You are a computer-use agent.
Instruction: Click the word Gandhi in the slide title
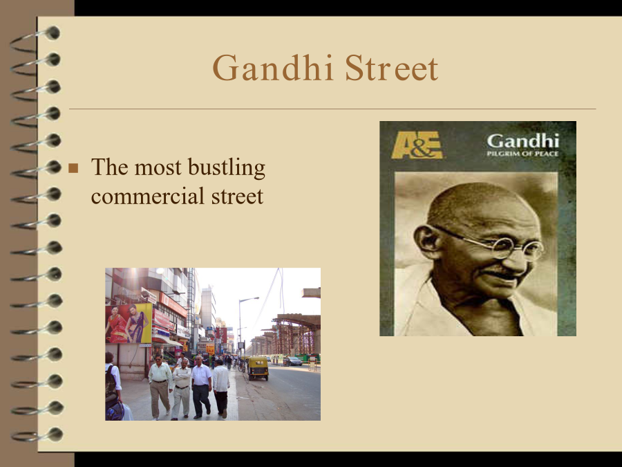(272, 68)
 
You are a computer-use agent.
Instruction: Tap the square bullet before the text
(73, 168)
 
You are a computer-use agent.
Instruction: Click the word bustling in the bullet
(227, 167)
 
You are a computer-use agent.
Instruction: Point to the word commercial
(148, 196)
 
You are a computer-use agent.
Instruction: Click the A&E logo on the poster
(417, 145)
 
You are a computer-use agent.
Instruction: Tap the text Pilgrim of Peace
(523, 154)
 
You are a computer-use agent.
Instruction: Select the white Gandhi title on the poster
(523, 140)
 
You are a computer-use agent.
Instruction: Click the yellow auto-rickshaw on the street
(258, 368)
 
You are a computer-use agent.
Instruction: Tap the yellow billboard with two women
(129, 323)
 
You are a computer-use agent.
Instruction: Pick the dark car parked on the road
(292, 361)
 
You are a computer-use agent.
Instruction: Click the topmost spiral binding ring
(36, 39)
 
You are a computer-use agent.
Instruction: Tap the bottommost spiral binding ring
(37, 435)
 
